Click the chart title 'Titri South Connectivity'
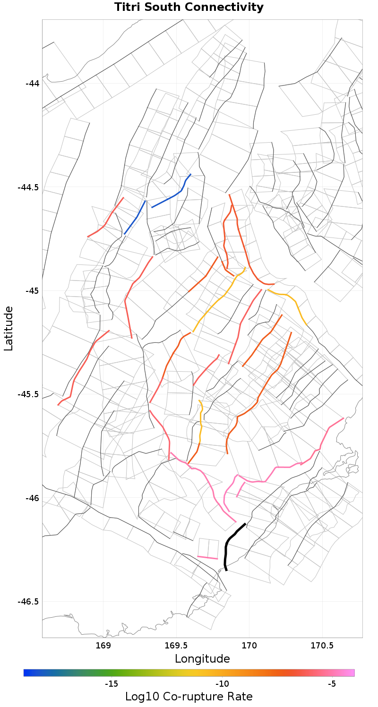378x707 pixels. point(189,8)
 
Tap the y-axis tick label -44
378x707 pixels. point(32,84)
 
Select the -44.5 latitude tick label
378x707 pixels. point(28,187)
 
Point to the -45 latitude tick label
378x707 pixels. point(32,290)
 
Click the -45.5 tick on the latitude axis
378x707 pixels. point(28,394)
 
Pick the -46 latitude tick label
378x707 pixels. point(32,498)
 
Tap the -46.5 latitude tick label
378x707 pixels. point(28,602)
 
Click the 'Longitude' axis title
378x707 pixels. point(202,659)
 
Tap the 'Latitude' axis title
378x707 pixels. point(9,328)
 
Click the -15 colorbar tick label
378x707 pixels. point(111,684)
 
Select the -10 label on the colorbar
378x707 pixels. point(222,684)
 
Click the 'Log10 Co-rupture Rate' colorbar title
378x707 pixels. point(189,697)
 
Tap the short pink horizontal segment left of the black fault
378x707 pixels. point(207,558)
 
